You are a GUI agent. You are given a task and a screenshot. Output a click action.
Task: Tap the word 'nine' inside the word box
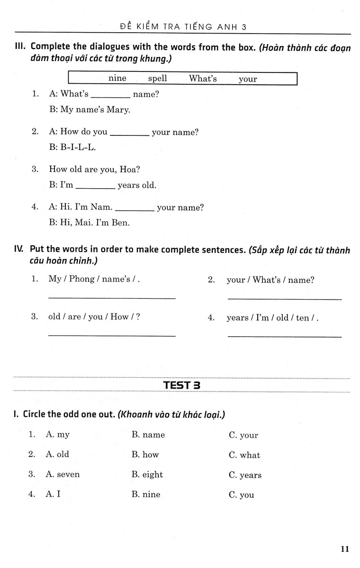(117, 79)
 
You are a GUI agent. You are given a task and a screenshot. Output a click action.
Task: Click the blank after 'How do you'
(129, 135)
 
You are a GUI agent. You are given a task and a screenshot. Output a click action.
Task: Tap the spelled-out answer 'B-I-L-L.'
(78, 147)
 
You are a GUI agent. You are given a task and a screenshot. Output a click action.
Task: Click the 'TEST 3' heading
(182, 385)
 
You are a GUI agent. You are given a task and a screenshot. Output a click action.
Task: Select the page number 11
(344, 549)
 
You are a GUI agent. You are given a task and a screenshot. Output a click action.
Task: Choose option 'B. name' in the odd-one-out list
(148, 435)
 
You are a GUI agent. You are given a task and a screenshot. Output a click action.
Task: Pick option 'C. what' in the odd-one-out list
(244, 455)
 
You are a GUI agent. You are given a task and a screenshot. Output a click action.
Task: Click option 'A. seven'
(63, 474)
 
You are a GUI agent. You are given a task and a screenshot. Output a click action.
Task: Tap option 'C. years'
(245, 475)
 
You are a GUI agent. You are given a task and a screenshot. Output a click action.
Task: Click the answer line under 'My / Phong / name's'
(112, 297)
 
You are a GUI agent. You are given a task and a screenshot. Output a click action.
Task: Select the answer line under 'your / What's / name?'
(284, 298)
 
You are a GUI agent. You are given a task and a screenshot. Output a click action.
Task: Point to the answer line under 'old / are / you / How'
(112, 335)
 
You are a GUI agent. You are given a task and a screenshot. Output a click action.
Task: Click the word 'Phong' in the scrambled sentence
(81, 279)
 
